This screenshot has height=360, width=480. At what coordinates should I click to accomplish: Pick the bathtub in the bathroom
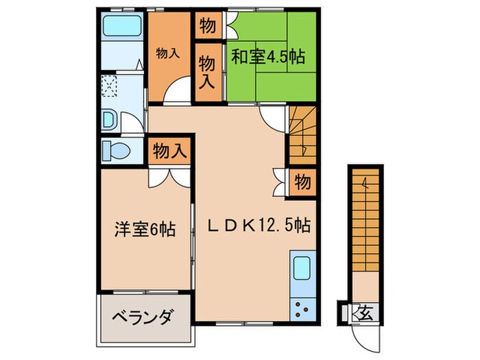[121, 29]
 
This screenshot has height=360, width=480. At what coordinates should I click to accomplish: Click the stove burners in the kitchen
[302, 308]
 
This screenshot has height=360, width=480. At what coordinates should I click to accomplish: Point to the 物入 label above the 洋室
[169, 150]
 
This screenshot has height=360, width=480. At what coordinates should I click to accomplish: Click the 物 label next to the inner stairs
[302, 182]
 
